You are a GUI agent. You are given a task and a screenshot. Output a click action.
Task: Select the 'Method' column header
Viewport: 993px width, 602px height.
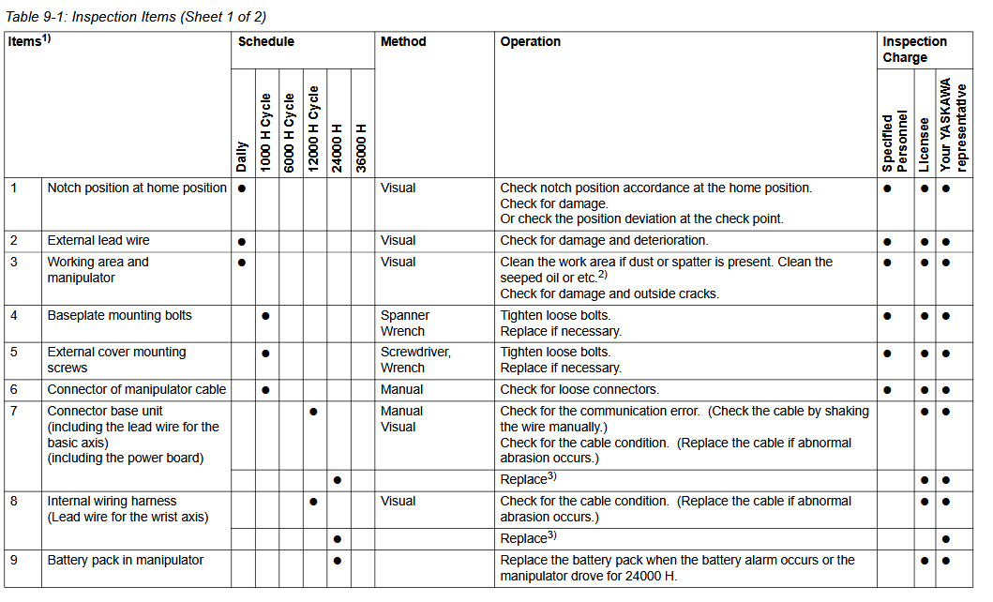(x=403, y=42)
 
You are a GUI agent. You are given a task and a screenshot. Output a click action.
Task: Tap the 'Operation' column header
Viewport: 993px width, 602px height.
(x=531, y=42)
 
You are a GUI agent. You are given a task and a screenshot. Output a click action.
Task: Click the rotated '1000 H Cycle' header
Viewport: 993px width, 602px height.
(x=266, y=131)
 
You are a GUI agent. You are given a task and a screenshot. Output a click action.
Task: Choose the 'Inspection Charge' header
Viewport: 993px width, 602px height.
(x=914, y=50)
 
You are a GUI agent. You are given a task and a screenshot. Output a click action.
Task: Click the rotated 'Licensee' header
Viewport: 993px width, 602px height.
(x=925, y=143)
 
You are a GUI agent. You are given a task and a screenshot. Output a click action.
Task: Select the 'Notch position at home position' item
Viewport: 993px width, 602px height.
(x=137, y=188)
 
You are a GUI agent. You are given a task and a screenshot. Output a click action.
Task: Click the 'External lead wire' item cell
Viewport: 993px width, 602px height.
(x=98, y=241)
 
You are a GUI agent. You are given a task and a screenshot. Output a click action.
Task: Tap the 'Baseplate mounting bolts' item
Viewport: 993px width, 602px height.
(x=119, y=316)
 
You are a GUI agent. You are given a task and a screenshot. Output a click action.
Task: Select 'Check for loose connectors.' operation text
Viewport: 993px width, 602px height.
(x=579, y=389)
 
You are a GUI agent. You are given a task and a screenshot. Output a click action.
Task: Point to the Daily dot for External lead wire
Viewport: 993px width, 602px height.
(x=242, y=242)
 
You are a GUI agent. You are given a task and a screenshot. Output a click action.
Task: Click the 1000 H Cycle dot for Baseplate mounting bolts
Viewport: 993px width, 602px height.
(x=266, y=316)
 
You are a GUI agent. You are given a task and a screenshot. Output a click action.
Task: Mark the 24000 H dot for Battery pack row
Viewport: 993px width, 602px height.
(x=338, y=561)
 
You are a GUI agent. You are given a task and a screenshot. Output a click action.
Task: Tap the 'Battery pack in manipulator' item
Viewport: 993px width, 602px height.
(x=126, y=561)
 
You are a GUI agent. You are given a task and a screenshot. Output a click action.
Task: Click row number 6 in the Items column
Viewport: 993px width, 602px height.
(x=14, y=389)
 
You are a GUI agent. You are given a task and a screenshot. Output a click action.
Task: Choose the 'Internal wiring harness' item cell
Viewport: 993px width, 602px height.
(x=112, y=502)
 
